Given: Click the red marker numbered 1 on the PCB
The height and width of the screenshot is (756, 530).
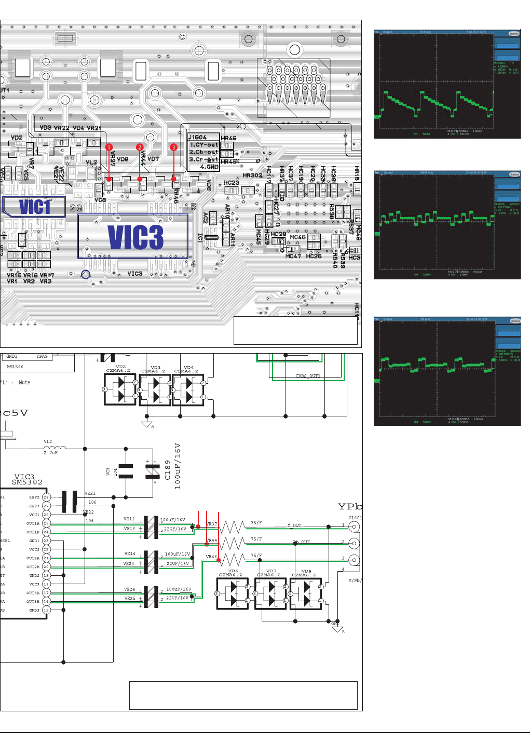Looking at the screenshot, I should pos(109,147).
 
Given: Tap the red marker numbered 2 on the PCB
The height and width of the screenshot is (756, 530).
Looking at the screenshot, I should pos(140,147).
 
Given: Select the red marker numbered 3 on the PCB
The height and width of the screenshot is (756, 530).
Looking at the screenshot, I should pos(173,147).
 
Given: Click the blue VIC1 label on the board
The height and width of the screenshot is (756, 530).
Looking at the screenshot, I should pos(35,207).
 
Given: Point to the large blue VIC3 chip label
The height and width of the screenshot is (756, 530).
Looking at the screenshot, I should pos(135,237).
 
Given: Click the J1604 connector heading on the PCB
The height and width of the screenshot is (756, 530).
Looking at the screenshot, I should pos(197,138).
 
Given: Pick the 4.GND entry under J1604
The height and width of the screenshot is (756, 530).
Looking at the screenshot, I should pos(209,167).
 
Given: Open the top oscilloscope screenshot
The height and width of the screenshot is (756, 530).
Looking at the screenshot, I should pos(447,84).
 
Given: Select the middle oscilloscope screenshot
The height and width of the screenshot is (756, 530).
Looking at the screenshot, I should pos(447,225).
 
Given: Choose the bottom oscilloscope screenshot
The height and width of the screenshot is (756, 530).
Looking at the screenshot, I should pos(447,371).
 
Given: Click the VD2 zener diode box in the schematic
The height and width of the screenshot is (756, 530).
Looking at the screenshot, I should pos(120,389).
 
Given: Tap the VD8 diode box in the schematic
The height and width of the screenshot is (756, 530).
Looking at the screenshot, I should pos(306,593).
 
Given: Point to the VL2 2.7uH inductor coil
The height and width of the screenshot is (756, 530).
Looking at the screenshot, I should pos(55,448).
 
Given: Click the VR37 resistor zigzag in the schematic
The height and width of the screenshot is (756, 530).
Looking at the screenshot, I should pos(232,528).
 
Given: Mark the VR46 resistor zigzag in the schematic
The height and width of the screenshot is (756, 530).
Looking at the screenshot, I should pos(232,560).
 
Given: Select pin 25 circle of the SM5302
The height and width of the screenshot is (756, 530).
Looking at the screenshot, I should pos(46,523).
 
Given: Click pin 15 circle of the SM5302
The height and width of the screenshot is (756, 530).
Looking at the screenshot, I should pos(46,610).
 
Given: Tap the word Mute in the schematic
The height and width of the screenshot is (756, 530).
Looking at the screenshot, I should pos(24,383).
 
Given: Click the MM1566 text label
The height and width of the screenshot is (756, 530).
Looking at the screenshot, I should pos(15,367).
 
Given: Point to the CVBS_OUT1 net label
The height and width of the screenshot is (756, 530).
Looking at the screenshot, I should pos(308,376).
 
